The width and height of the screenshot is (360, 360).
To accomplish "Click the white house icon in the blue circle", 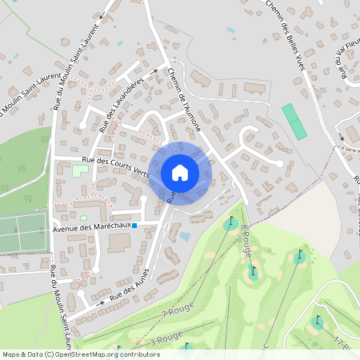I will [180, 172].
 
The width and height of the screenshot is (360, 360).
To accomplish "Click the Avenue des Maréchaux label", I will [90, 227].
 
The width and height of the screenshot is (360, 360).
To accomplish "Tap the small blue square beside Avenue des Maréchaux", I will [135, 226].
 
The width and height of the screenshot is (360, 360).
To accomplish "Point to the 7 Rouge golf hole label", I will [179, 313].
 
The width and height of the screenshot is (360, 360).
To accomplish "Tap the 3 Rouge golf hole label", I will [166, 339].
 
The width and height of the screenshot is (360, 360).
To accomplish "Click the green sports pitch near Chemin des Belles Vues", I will [294, 120].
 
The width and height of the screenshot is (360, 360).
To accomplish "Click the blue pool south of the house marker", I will [185, 236].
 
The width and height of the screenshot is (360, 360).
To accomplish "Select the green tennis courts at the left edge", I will [21, 233].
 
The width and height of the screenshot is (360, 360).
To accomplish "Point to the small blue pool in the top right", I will [230, 30].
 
